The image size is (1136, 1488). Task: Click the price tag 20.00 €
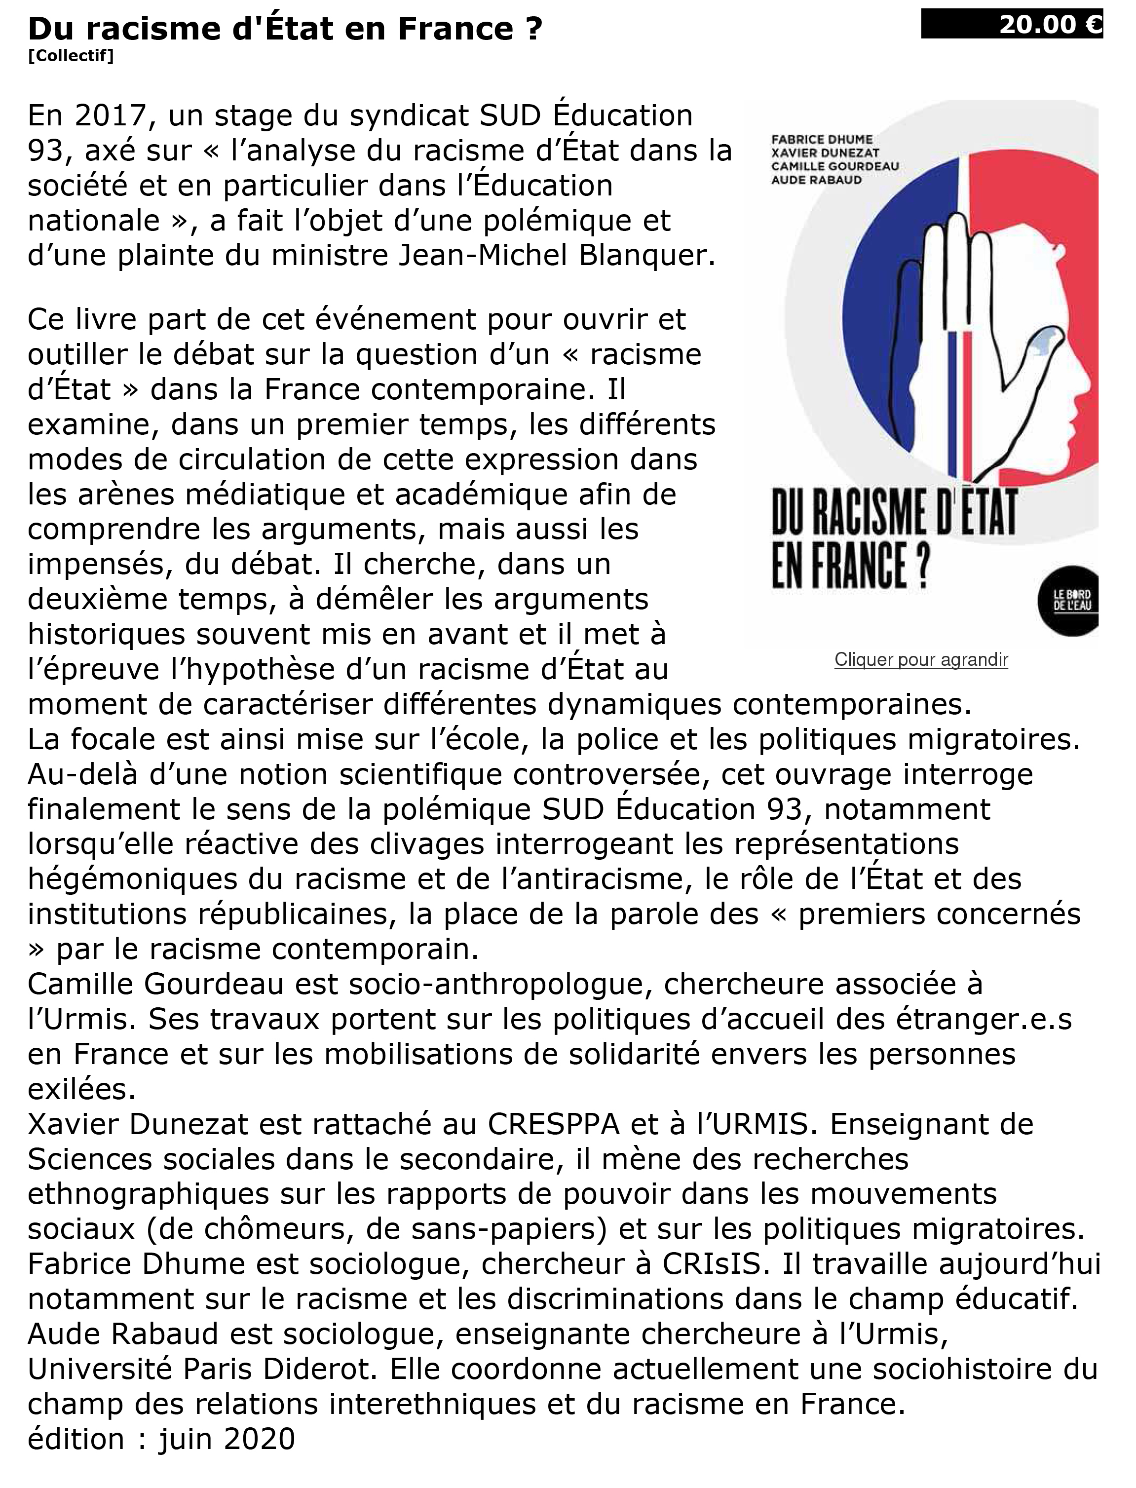pyautogui.click(x=1012, y=25)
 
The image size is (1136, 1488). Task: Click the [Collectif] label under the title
pyautogui.click(x=71, y=56)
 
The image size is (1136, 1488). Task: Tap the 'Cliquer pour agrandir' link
pyautogui.click(x=921, y=659)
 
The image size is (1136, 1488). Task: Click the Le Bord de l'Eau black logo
pyautogui.click(x=1071, y=600)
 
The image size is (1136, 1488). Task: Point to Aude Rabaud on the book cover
pyautogui.click(x=816, y=180)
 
